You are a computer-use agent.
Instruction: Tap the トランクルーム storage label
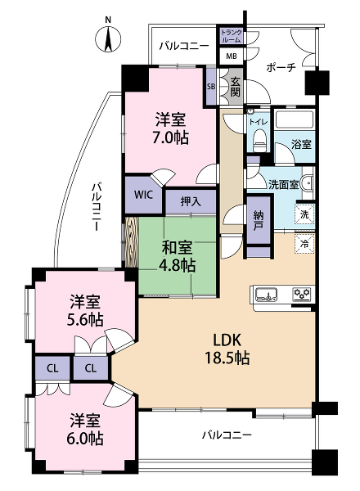232,36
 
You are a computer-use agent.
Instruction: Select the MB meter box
232,56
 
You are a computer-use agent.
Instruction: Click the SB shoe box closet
211,87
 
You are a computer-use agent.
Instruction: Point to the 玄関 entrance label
236,87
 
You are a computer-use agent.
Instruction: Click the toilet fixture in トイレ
260,140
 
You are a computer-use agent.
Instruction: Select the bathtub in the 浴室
295,119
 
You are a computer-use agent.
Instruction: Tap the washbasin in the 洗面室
308,182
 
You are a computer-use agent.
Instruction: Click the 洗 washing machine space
304,214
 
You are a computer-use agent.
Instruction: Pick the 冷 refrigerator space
304,244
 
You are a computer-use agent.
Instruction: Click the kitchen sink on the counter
266,295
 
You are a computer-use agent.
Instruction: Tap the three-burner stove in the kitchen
303,295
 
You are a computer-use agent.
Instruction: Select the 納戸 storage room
259,220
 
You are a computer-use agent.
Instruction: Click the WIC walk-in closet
144,195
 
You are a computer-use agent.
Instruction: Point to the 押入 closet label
191,201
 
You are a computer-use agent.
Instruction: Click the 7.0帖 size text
171,137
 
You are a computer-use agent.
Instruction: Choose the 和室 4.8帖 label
177,256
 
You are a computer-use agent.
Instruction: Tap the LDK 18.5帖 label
227,349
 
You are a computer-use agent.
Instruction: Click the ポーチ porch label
281,67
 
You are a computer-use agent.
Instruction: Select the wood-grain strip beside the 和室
132,242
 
